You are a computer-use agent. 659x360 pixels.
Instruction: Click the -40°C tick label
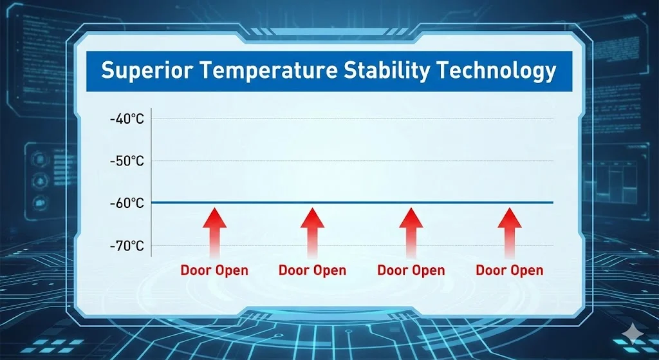pyautogui.click(x=127, y=119)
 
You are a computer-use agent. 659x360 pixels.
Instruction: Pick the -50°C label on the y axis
pyautogui.click(x=127, y=161)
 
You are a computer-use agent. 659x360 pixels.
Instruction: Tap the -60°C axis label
pyautogui.click(x=127, y=203)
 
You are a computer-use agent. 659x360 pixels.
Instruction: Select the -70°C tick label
pyautogui.click(x=127, y=245)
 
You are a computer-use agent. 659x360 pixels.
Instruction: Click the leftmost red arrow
pyautogui.click(x=214, y=232)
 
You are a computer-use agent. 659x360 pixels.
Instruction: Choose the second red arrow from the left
pyautogui.click(x=312, y=232)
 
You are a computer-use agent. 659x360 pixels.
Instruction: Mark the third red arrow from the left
pyautogui.click(x=411, y=232)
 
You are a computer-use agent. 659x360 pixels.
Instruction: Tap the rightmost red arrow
pyautogui.click(x=510, y=232)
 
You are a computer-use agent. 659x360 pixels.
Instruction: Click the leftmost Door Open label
pyautogui.click(x=214, y=270)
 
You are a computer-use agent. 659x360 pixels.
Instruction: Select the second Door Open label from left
pyautogui.click(x=312, y=270)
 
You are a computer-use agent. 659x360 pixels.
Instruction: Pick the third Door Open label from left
pyautogui.click(x=411, y=270)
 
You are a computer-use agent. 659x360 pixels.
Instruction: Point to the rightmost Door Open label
pyautogui.click(x=510, y=270)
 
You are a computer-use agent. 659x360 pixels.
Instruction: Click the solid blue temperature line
pyautogui.click(x=352, y=202)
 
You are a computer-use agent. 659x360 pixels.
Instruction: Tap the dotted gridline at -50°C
pyautogui.click(x=352, y=160)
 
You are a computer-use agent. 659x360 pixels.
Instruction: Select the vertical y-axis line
pyautogui.click(x=151, y=182)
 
